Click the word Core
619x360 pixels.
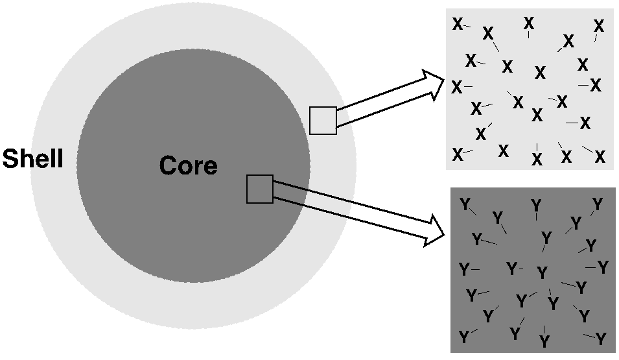pos(188,166)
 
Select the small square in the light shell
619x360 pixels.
pos(323,121)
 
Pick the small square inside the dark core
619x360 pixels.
pos(260,189)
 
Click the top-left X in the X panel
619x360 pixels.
pos(458,25)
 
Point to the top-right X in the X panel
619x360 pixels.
pos(599,26)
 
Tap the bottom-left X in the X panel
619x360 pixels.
pos(458,154)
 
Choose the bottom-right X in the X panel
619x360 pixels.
pos(600,157)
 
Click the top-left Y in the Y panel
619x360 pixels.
pos(465,205)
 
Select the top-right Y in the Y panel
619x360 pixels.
pos(598,205)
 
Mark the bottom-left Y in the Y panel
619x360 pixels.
pos(464,337)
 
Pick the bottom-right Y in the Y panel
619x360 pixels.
pos(601,339)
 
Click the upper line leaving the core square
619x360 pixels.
pos(312,192)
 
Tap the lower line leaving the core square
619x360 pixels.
pos(312,204)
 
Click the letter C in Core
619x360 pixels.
pos(167,166)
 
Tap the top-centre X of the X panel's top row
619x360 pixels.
pos(529,23)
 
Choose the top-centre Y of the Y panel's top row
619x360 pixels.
pos(536,206)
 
